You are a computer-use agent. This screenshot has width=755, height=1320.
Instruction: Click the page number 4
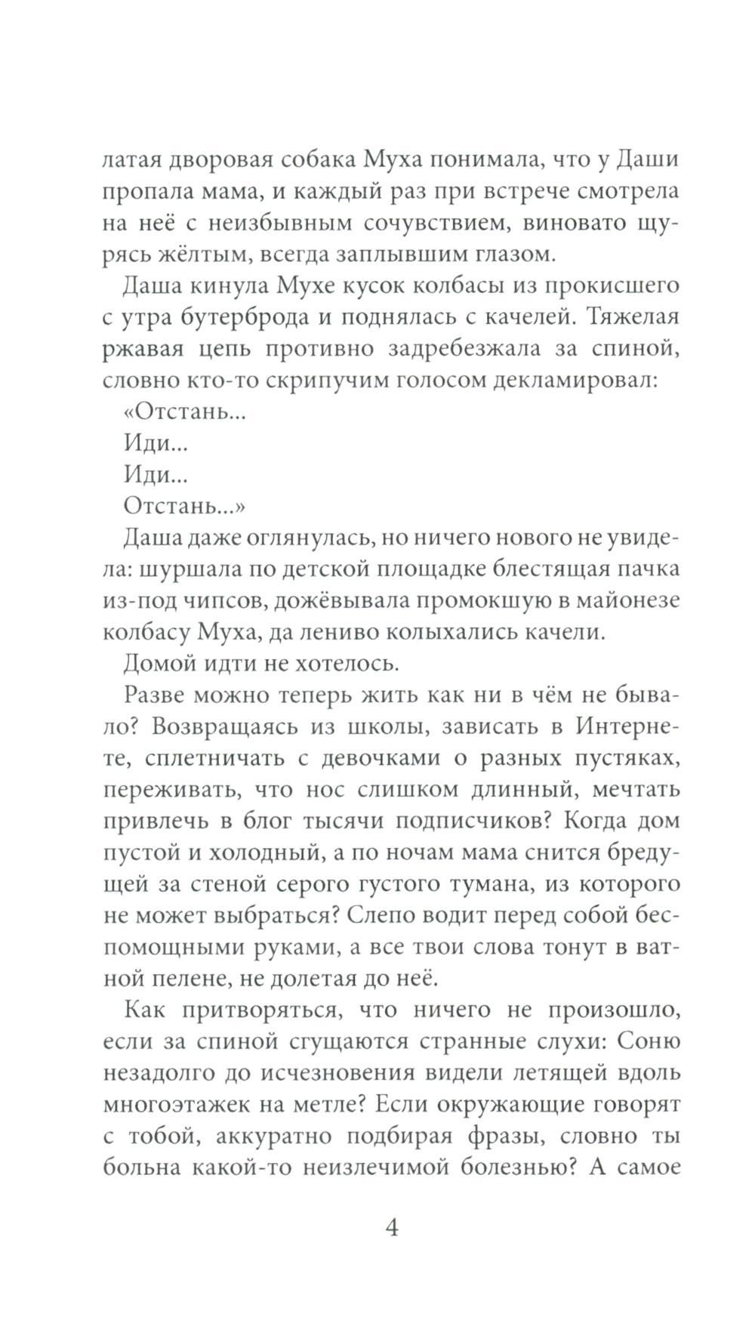(392, 1228)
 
